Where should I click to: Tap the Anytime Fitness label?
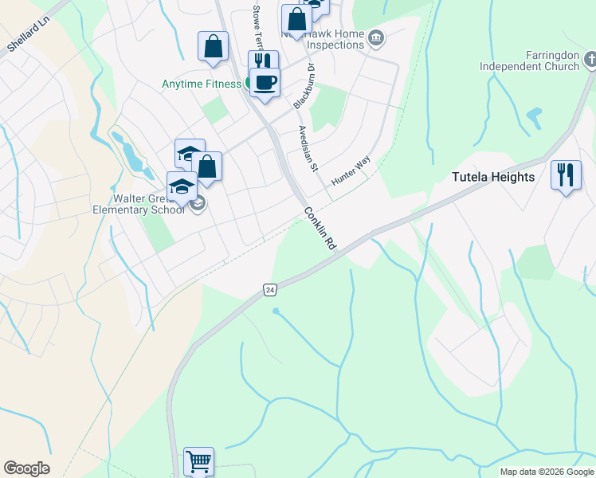(x=201, y=84)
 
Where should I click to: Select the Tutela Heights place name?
(x=493, y=177)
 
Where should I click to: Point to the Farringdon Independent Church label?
(x=529, y=61)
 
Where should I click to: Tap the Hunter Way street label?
(x=351, y=171)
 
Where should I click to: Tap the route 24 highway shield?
(x=270, y=290)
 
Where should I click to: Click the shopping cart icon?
(x=198, y=460)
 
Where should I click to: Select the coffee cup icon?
(x=265, y=80)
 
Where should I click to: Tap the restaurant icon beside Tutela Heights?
(x=566, y=174)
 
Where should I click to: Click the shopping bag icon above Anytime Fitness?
(x=213, y=46)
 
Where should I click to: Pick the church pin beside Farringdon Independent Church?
(x=590, y=59)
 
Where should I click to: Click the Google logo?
(x=26, y=468)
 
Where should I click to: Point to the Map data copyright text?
(x=547, y=472)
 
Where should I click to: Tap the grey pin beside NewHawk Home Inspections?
(x=377, y=37)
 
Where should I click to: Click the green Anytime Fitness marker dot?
(x=249, y=83)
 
